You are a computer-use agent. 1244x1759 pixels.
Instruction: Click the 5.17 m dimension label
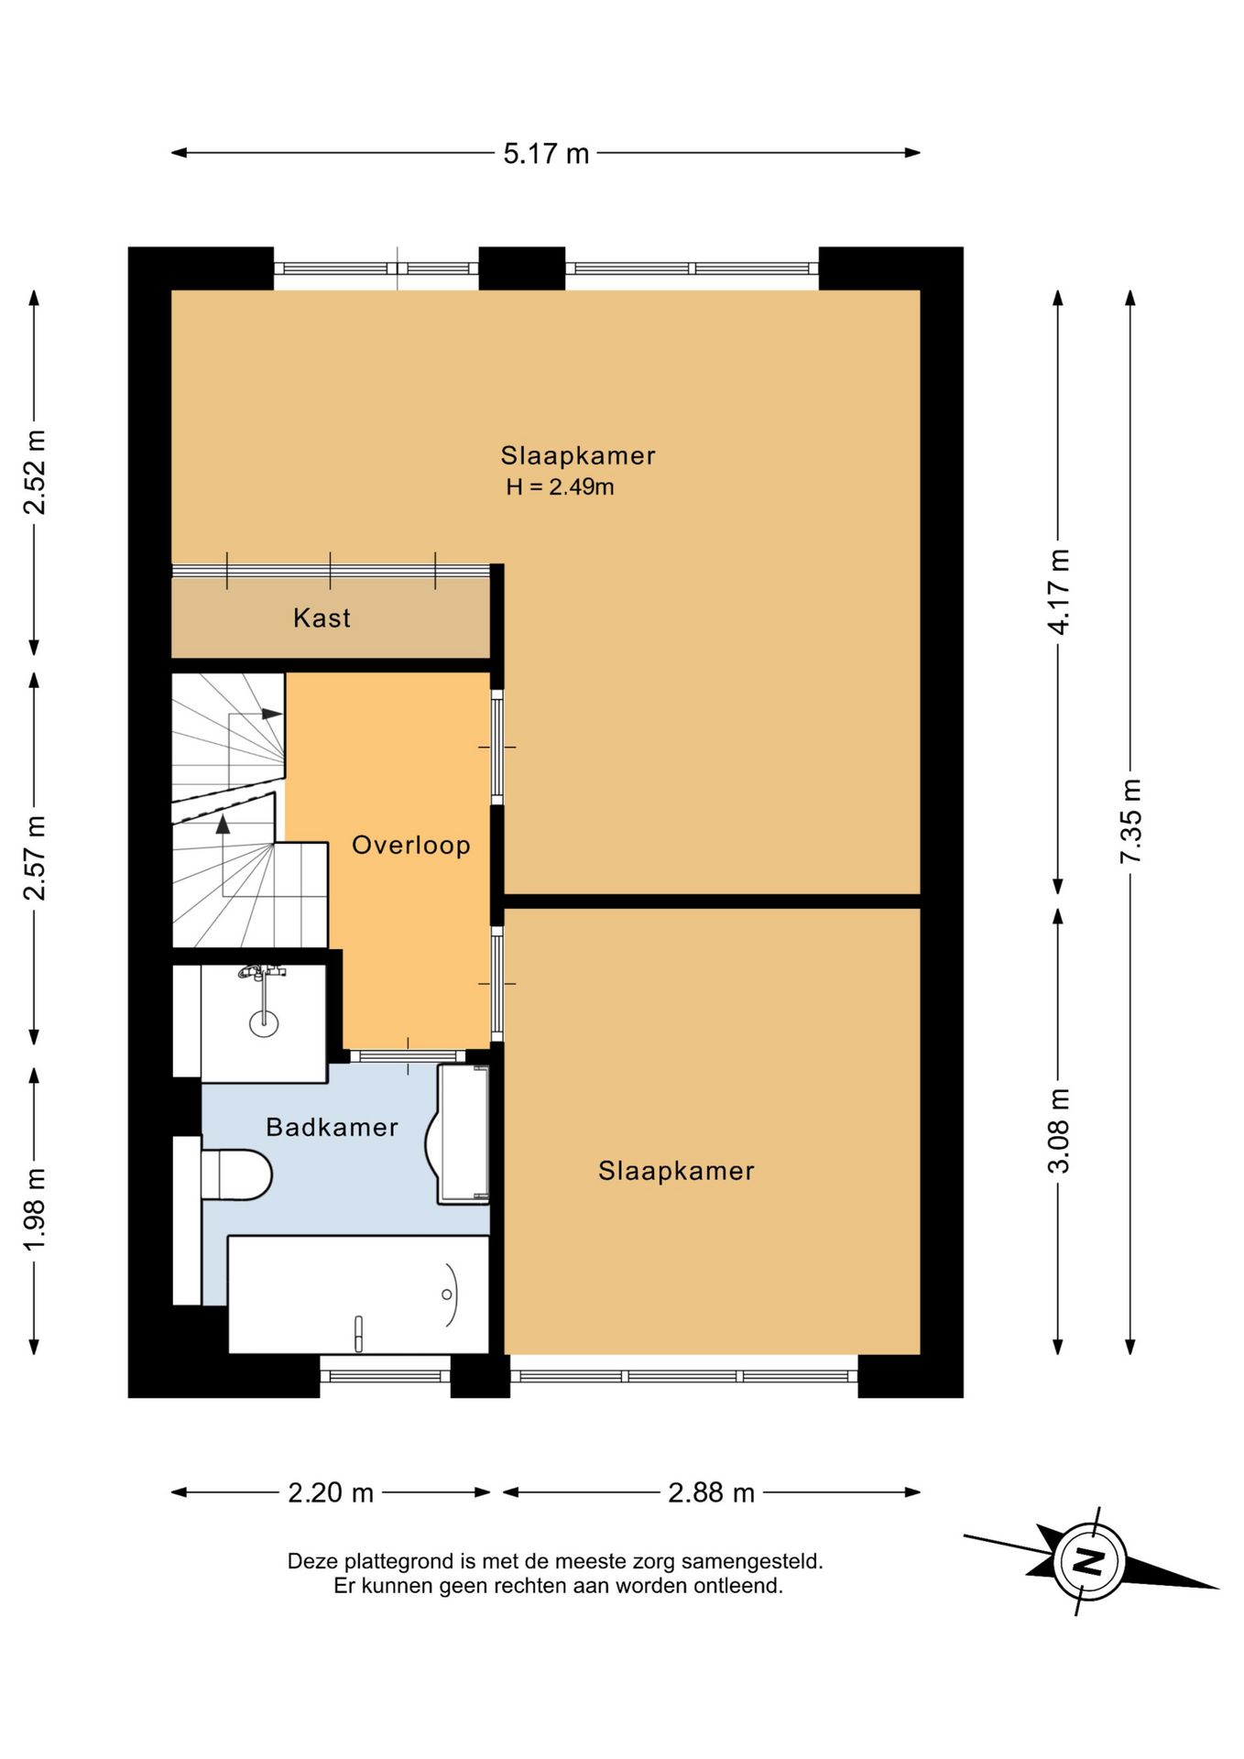point(546,153)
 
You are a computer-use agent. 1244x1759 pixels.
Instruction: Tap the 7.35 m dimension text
point(1130,821)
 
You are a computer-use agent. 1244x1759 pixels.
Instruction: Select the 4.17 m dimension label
point(1059,592)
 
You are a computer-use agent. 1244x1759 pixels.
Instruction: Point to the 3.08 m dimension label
point(1059,1131)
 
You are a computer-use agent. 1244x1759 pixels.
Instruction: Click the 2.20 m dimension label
point(331,1492)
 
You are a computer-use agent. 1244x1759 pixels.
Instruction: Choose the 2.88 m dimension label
point(711,1492)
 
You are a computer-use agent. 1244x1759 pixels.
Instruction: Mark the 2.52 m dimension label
point(35,472)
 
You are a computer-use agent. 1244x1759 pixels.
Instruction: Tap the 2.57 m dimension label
point(35,858)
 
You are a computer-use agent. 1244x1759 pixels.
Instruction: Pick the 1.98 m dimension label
point(35,1209)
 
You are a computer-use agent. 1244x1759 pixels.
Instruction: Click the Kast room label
point(322,617)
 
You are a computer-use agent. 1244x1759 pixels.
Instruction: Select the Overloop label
point(411,845)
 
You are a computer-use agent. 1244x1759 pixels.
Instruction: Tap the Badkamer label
point(332,1127)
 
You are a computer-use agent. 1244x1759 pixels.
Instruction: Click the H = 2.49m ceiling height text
point(560,486)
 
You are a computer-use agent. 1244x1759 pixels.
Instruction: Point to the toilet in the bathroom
point(236,1174)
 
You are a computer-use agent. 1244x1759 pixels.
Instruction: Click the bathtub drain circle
point(447,1295)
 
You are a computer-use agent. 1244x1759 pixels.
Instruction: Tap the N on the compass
point(1088,1560)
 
